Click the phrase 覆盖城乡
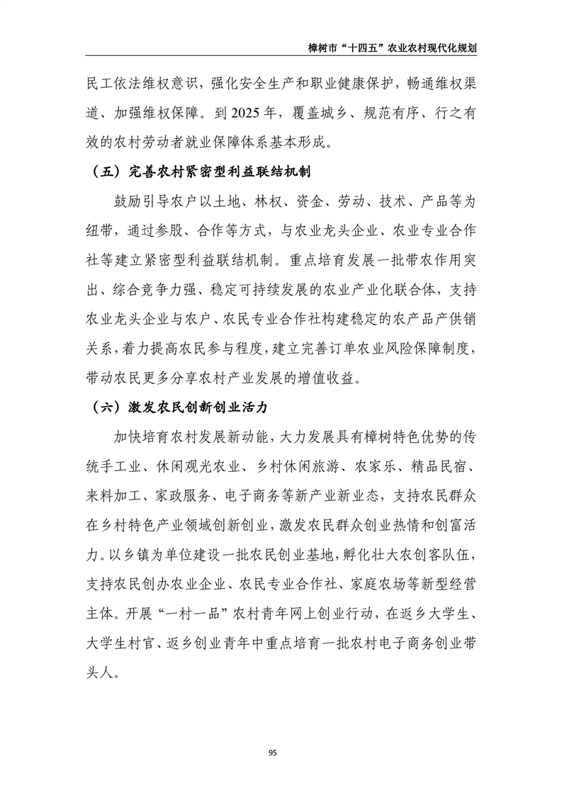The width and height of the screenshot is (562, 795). tap(316, 112)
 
